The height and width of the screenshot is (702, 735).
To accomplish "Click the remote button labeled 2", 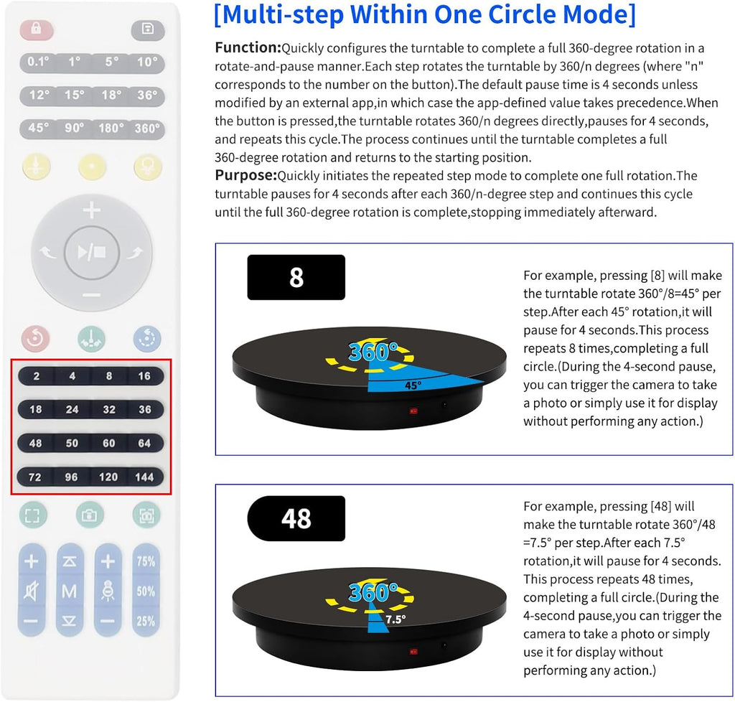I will (36, 376).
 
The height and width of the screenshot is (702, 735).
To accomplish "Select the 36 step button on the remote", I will (145, 409).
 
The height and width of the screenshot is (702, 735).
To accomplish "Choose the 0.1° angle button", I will (38, 62).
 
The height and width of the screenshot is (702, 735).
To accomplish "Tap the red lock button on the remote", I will (37, 29).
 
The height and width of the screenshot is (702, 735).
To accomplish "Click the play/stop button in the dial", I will (91, 252).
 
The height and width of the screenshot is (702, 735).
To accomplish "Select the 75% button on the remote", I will (146, 561).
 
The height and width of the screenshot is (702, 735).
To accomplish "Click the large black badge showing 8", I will (296, 277).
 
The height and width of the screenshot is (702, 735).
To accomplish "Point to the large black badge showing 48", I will (296, 518).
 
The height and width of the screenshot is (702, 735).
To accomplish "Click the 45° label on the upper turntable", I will (412, 385).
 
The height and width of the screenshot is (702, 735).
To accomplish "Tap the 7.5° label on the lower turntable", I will (395, 618).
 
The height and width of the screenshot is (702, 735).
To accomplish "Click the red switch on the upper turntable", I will (413, 411).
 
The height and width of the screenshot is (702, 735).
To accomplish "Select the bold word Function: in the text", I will (248, 48).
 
